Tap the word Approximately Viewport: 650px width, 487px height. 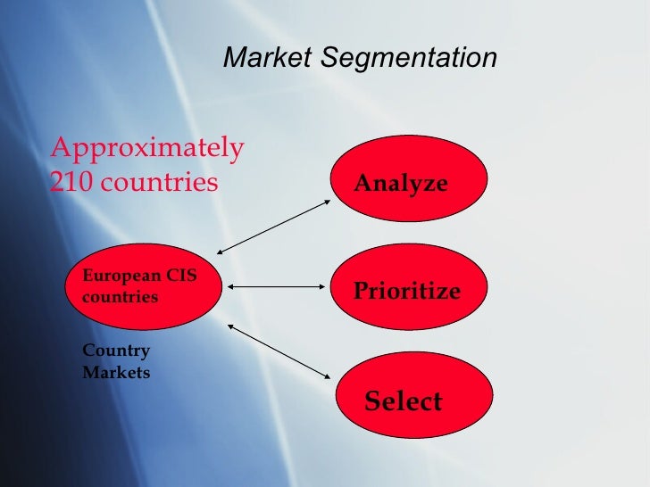(147, 148)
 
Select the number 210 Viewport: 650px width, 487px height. (71, 182)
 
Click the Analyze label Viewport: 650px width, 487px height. (401, 184)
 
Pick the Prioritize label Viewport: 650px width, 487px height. (407, 291)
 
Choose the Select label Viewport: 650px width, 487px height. (404, 401)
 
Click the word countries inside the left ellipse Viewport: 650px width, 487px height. (120, 296)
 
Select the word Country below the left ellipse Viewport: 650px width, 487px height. (116, 351)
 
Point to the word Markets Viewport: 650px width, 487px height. (116, 372)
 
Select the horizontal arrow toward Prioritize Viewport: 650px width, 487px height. (279, 287)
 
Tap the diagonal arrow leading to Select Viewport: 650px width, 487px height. (279, 348)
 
